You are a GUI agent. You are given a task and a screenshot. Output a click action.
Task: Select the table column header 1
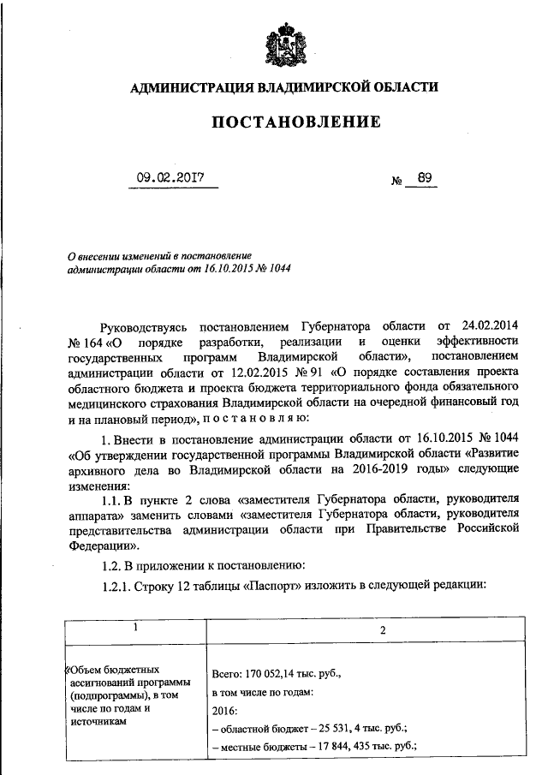pyautogui.click(x=134, y=628)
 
